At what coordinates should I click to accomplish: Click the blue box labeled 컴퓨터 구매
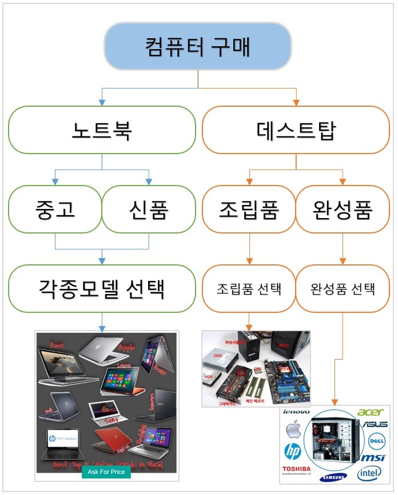coord(198,46)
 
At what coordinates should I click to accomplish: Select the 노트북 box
coord(102,130)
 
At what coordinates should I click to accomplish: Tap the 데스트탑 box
coord(296,130)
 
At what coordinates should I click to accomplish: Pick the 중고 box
coord(55,209)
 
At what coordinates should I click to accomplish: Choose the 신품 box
coord(149,209)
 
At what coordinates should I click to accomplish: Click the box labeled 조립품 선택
coord(249,288)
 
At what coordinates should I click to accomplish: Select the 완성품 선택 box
coord(343,288)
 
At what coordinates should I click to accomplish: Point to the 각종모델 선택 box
coord(102,288)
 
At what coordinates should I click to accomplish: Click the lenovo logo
coord(296,412)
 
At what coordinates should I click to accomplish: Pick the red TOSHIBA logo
coord(296,470)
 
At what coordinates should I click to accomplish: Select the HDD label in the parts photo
coord(208,376)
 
